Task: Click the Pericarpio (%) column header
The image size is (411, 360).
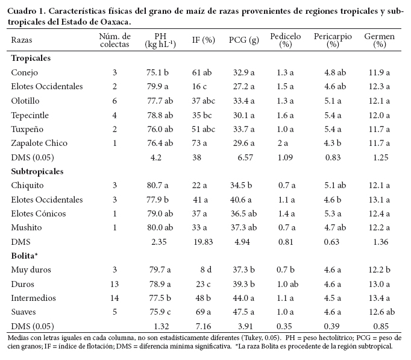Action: pyautogui.click(x=333, y=40)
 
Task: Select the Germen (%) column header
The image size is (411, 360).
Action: pyautogui.click(x=379, y=40)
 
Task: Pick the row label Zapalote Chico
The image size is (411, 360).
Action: pyautogui.click(x=39, y=143)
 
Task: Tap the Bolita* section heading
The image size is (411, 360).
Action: pyautogui.click(x=25, y=256)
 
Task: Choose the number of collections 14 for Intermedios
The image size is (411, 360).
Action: pyautogui.click(x=115, y=298)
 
